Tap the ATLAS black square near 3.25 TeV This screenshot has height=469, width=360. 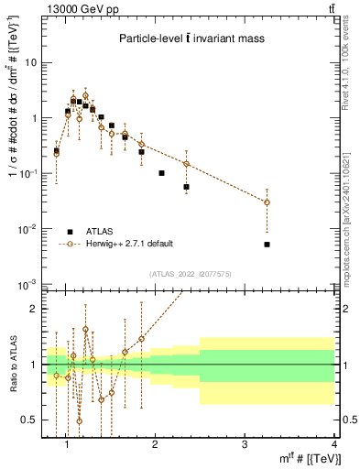tap(267, 245)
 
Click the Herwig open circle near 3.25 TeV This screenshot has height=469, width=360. tap(267, 202)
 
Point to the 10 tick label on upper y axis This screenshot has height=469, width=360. tap(31, 63)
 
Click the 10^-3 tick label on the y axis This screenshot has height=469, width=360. tap(27, 284)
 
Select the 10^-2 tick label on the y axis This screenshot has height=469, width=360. tap(27, 229)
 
